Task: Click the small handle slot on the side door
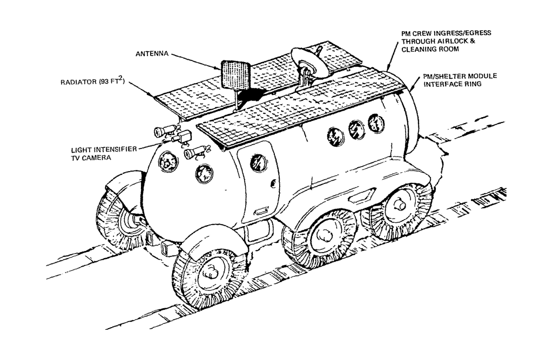(260, 210)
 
